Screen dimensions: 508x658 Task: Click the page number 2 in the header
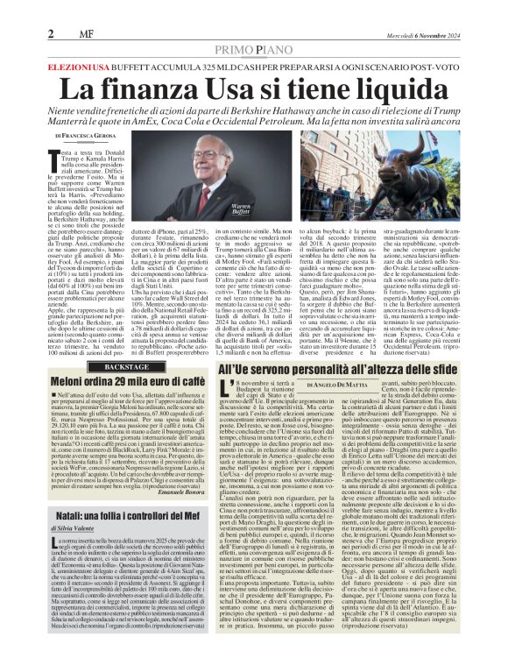pos(52,34)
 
